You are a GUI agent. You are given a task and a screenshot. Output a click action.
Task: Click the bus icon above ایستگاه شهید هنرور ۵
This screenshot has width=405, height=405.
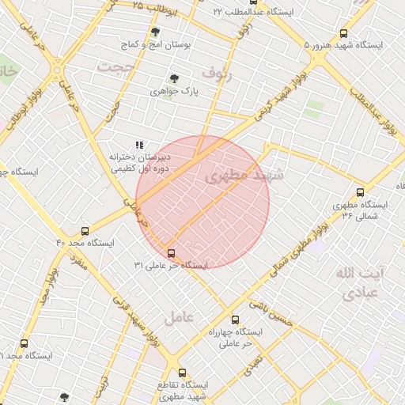click(343, 33)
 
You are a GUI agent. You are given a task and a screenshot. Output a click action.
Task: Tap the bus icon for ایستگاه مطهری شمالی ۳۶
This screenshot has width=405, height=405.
click(361, 192)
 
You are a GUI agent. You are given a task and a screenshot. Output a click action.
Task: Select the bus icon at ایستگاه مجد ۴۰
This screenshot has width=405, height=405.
click(85, 231)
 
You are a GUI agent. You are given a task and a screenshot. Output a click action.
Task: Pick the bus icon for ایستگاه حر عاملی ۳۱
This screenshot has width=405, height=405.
click(172, 253)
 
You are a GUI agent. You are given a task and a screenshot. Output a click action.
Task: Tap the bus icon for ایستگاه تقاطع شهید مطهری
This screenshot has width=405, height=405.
click(182, 372)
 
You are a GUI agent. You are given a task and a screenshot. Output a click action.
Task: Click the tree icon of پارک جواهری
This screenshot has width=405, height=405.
click(174, 78)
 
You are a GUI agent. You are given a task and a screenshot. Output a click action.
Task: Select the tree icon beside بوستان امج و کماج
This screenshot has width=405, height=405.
click(154, 32)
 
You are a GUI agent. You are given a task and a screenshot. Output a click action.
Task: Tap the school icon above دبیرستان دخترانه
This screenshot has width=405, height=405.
click(139, 145)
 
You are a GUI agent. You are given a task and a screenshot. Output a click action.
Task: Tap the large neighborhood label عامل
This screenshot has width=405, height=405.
click(178, 318)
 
